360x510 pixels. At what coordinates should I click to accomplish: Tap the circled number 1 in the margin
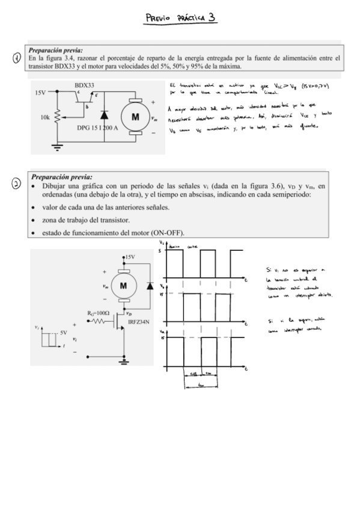point(16,58)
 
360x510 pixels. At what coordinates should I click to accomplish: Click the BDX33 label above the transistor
point(84,86)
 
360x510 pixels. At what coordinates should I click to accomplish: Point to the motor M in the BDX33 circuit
point(136,116)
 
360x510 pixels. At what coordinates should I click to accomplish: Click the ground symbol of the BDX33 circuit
point(57,145)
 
